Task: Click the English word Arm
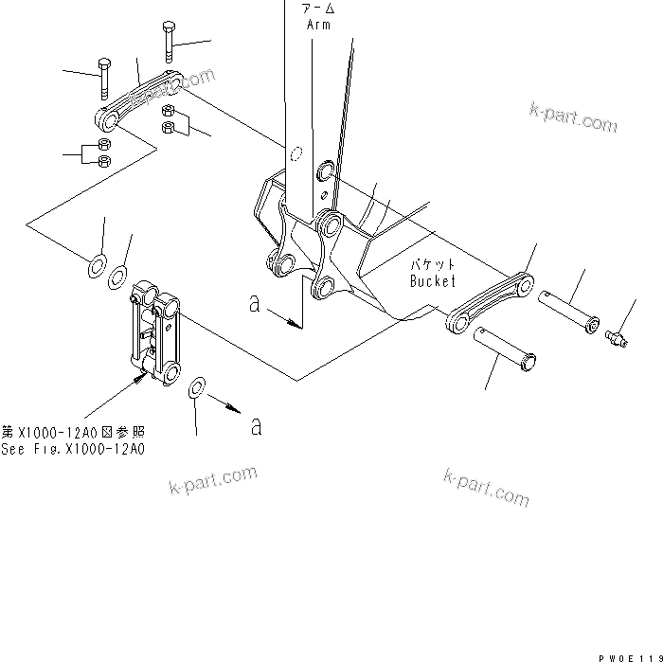(x=318, y=26)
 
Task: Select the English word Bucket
(x=433, y=281)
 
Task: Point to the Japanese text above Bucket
(x=433, y=266)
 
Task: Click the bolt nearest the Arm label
(x=168, y=39)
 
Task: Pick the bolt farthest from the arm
(x=103, y=78)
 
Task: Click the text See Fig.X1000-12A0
(x=73, y=450)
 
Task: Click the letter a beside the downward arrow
(x=253, y=304)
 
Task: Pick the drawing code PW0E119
(x=628, y=654)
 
